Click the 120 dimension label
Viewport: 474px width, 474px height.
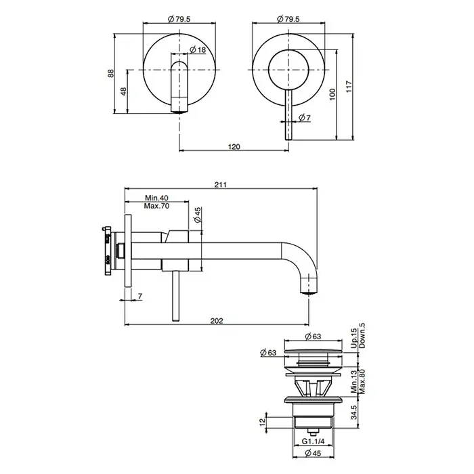pyautogui.click(x=234, y=147)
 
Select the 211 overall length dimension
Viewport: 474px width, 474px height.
pyautogui.click(x=220, y=185)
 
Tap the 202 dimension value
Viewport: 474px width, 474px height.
pyautogui.click(x=217, y=321)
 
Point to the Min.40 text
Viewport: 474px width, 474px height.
pyautogui.click(x=156, y=198)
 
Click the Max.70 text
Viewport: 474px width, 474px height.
pyautogui.click(x=156, y=206)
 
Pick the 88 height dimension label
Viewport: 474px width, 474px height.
pyautogui.click(x=111, y=73)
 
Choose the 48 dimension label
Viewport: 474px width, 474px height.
pyautogui.click(x=124, y=91)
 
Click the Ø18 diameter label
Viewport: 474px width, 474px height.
pyautogui.click(x=198, y=49)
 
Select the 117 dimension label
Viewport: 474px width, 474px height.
pyautogui.click(x=349, y=87)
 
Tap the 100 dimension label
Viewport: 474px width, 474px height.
pyautogui.click(x=332, y=94)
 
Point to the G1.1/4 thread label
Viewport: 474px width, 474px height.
pyautogui.click(x=313, y=441)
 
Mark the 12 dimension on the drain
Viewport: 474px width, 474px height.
pyautogui.click(x=262, y=421)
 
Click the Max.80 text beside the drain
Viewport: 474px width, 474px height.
pyautogui.click(x=362, y=381)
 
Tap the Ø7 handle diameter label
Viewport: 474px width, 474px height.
pyautogui.click(x=305, y=118)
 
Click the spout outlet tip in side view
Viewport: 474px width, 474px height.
pyautogui.click(x=309, y=293)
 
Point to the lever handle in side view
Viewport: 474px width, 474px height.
pyautogui.click(x=175, y=296)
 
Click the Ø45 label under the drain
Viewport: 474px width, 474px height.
pyautogui.click(x=313, y=453)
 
